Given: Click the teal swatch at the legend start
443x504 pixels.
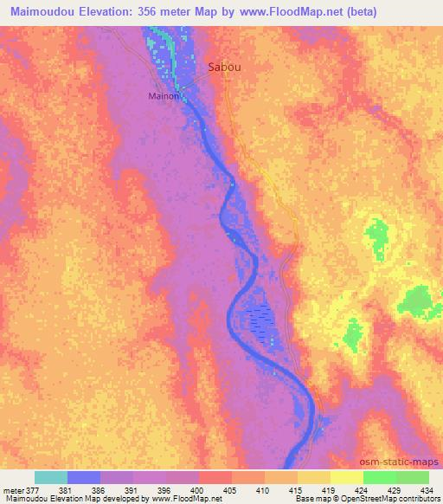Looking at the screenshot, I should click(x=51, y=477).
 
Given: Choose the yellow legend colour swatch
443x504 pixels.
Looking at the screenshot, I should click(x=346, y=477).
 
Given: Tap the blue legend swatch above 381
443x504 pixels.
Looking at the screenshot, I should click(x=84, y=477).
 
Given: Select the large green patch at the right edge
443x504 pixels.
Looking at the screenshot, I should click(x=419, y=300).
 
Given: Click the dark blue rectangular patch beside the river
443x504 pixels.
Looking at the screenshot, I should click(x=260, y=321).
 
